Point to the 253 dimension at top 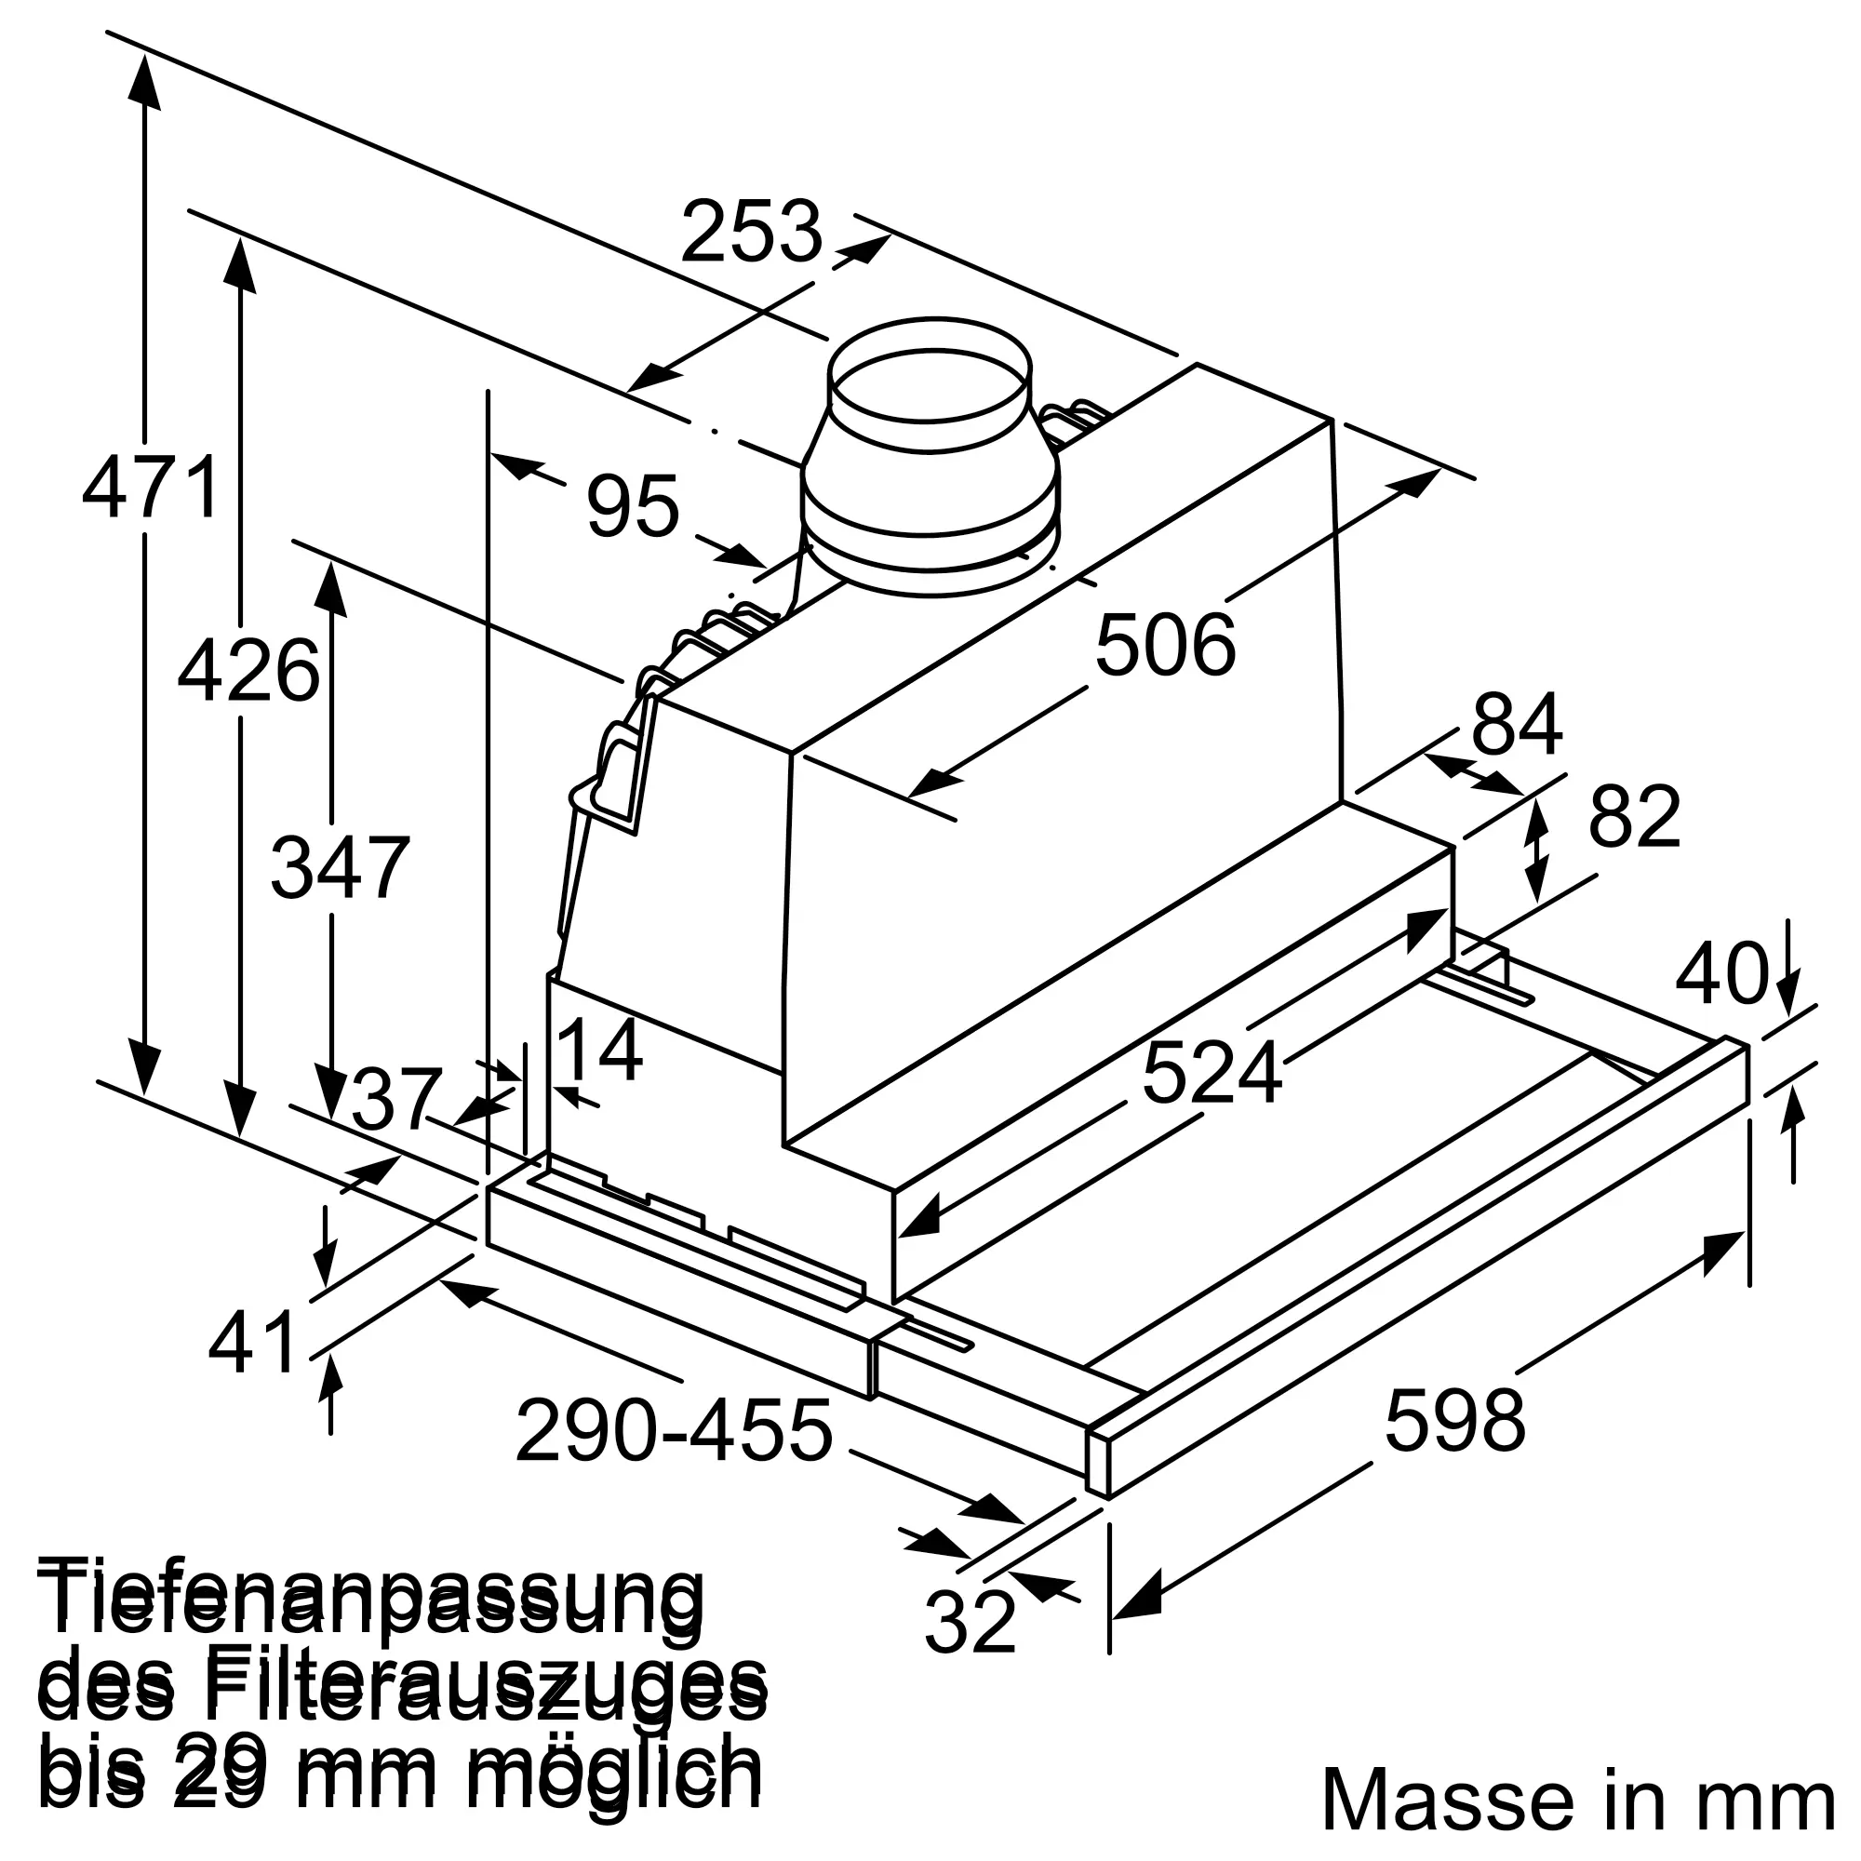point(751,231)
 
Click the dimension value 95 point(633,505)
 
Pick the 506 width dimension point(1165,646)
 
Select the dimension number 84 point(1516,724)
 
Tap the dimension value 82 point(1635,817)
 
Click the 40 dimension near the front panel point(1722,974)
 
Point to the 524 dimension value point(1212,1073)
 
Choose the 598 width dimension point(1454,1420)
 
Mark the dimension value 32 point(970,1621)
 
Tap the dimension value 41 point(253,1343)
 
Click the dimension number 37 point(395,1100)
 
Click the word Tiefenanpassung point(371,1598)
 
